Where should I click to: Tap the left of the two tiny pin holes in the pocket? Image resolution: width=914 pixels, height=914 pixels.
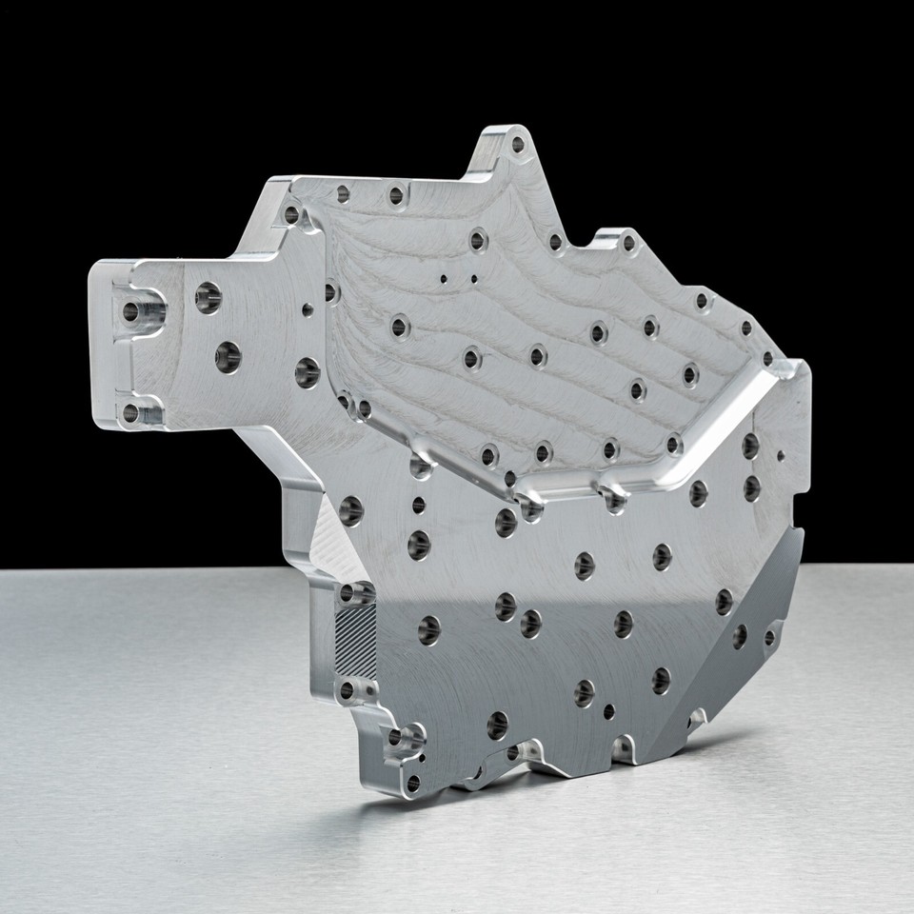(444, 279)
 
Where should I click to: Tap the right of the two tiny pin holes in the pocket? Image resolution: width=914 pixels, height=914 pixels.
(473, 279)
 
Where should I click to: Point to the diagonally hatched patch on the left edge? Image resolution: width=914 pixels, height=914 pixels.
(357, 632)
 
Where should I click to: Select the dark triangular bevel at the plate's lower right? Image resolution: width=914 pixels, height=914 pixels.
(752, 609)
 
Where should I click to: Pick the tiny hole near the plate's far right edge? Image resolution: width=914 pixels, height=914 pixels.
(782, 455)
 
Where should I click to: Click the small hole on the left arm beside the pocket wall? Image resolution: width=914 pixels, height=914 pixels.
(306, 308)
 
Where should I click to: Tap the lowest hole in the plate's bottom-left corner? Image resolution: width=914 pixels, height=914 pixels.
(412, 783)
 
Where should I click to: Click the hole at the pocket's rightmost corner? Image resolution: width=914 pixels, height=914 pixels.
(767, 359)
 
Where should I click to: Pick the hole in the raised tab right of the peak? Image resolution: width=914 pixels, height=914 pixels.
(626, 240)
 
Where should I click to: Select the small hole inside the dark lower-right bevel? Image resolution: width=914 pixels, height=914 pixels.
(769, 637)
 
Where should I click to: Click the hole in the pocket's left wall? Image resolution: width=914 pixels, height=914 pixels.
(330, 291)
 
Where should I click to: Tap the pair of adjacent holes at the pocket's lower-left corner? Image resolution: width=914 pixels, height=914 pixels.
(354, 407)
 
